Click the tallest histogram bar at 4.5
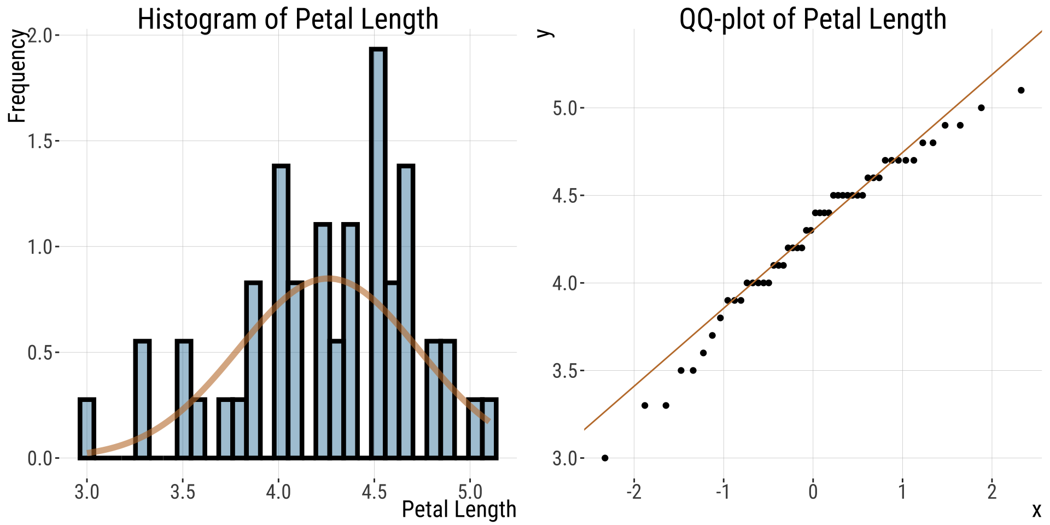[x=378, y=252]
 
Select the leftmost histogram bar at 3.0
[x=87, y=429]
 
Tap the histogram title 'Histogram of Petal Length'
[x=288, y=19]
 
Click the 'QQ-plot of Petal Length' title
[x=813, y=19]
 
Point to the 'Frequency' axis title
[x=17, y=77]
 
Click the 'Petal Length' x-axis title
[x=459, y=509]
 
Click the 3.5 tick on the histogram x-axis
[x=183, y=492]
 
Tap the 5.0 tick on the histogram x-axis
[x=470, y=492]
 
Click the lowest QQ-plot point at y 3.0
[x=605, y=458]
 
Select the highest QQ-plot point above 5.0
[x=1021, y=90]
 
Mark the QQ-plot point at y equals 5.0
[x=981, y=108]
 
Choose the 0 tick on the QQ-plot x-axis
[x=813, y=492]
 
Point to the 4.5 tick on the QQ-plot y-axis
[x=565, y=196]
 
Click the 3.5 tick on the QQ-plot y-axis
[x=565, y=371]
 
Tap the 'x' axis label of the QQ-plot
[x=1036, y=510]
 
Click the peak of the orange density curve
[x=327, y=278]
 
